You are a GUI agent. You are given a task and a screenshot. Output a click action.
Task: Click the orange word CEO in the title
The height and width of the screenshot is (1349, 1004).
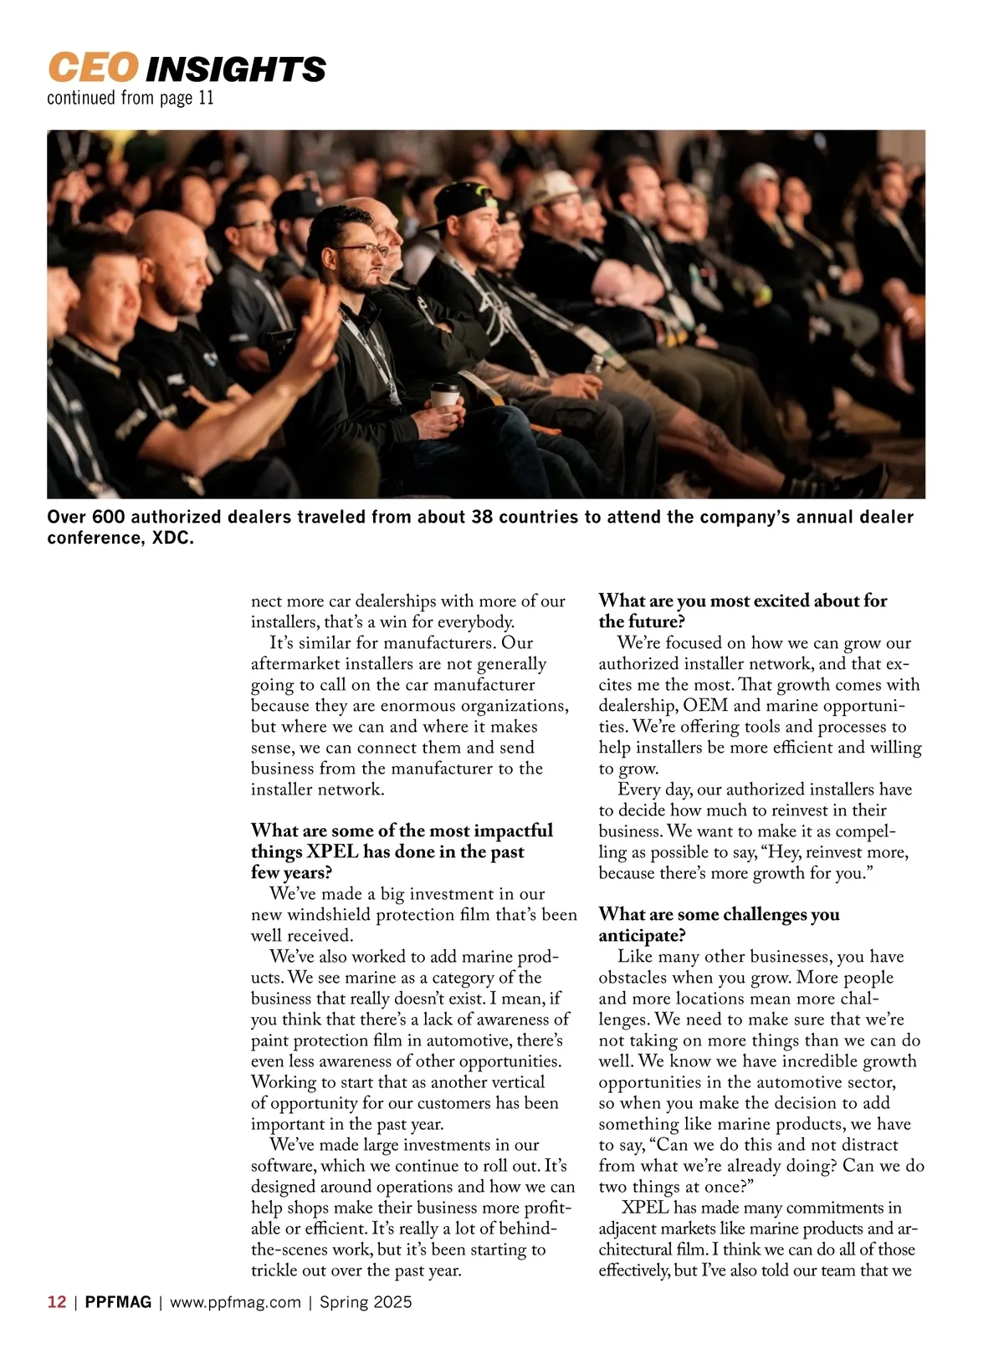pyautogui.click(x=92, y=68)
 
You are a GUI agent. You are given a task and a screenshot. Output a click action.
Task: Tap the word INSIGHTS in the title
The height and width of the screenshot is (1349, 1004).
pyautogui.click(x=236, y=69)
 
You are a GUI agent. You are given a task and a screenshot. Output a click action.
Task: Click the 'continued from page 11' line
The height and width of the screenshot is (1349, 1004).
pyautogui.click(x=131, y=99)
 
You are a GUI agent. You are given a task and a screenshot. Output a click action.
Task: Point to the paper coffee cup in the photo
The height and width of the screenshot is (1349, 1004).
pyautogui.click(x=445, y=395)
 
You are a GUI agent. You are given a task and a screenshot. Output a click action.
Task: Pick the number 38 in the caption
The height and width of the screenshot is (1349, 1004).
pyautogui.click(x=482, y=517)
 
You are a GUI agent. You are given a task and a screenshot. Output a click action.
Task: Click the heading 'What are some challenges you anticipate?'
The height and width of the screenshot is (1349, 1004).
pyautogui.click(x=719, y=924)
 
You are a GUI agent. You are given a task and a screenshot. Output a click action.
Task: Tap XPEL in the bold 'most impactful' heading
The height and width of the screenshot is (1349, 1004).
pyautogui.click(x=333, y=851)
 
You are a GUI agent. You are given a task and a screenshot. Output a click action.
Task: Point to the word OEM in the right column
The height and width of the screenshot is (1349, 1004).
pyautogui.click(x=705, y=705)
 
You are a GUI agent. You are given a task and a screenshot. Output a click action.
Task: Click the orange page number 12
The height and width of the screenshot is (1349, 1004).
pyautogui.click(x=57, y=1302)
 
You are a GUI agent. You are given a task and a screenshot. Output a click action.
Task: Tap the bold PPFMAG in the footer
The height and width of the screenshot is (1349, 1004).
pyautogui.click(x=118, y=1302)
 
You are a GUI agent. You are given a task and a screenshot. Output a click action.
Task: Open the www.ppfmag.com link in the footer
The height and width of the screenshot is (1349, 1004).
pyautogui.click(x=235, y=1302)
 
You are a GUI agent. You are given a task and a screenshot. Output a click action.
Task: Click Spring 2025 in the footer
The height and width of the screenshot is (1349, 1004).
pyautogui.click(x=366, y=1302)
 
